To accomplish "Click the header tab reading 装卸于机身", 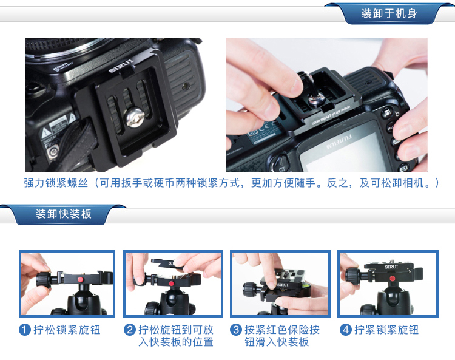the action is (389, 13).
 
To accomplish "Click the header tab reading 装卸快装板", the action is (64, 214).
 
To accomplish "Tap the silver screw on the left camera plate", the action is (134, 117).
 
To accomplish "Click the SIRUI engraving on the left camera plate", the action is (121, 66).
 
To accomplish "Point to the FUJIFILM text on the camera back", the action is (339, 141).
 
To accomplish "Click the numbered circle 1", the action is (25, 330).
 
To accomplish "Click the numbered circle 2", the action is (130, 330).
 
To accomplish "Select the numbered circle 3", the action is (236, 330).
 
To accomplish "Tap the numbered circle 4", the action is (346, 330).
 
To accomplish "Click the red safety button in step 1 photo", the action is (80, 279).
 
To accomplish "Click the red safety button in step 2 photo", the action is (172, 283).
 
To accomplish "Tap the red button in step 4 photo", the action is (393, 279).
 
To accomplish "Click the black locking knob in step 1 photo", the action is (44, 280).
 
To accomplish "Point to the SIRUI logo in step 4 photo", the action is (391, 267).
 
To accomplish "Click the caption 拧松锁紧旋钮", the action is (67, 330).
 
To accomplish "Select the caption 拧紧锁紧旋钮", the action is (386, 330).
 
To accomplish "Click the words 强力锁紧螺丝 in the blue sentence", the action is (56, 183).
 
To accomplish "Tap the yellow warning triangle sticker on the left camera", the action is (45, 134).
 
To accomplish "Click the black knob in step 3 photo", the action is (249, 289).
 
